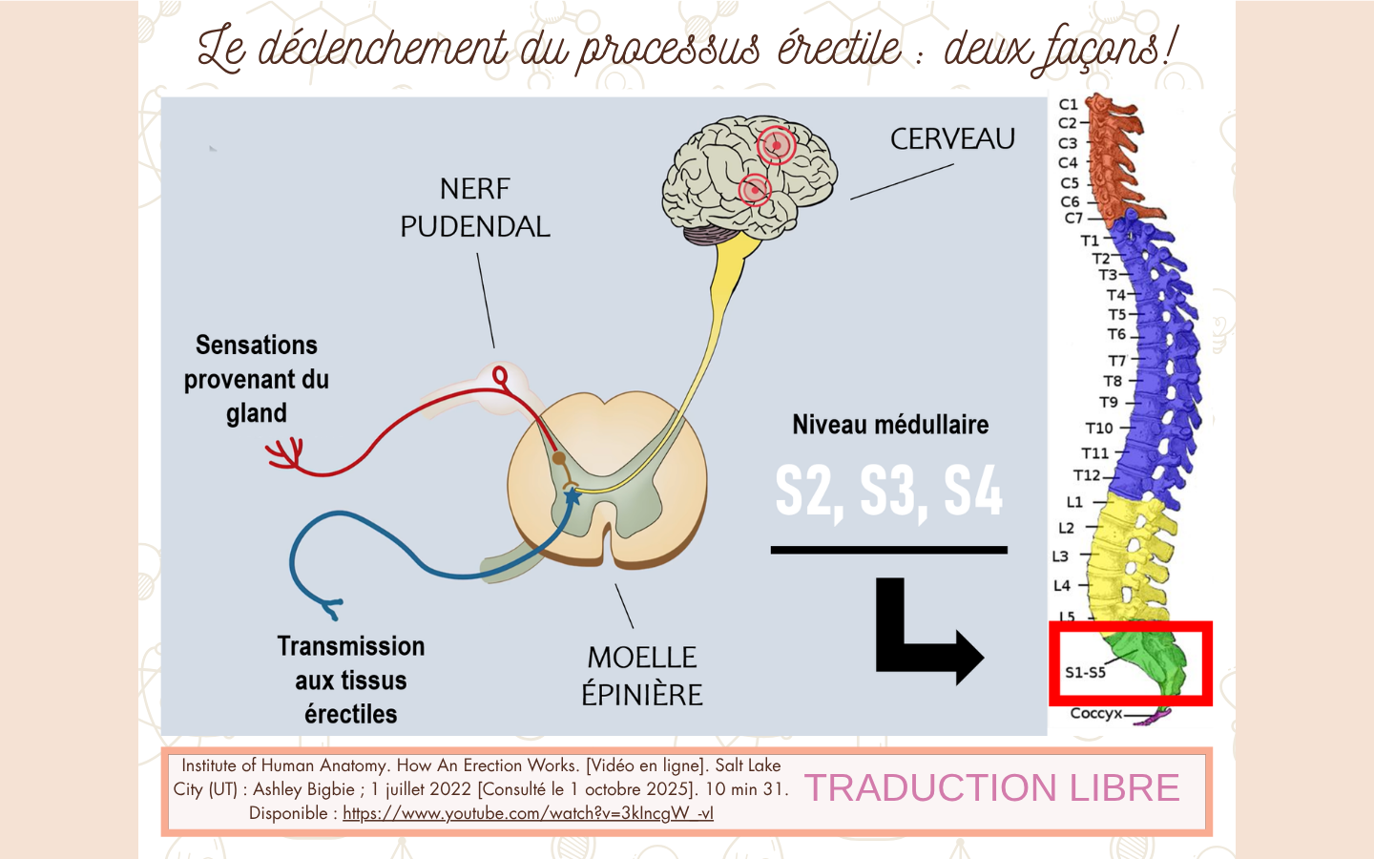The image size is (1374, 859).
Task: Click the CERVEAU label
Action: click(952, 138)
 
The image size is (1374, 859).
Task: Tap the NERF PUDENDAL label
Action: click(475, 208)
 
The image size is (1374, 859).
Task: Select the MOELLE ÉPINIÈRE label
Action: click(641, 676)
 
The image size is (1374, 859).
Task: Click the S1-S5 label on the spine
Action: click(1085, 673)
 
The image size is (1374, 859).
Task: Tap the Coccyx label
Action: click(1095, 714)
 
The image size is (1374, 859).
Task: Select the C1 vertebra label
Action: click(1068, 104)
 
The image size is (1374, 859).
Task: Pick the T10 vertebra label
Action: click(1098, 428)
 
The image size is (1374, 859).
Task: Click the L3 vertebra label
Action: click(1060, 556)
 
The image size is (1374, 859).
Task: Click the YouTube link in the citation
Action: click(528, 813)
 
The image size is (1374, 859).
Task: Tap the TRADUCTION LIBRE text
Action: click(992, 787)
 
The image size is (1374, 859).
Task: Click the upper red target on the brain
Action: click(776, 145)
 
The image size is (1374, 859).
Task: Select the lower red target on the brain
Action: click(755, 190)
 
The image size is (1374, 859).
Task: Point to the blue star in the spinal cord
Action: click(572, 495)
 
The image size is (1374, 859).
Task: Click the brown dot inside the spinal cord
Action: click(558, 458)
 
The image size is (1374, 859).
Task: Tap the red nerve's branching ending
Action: click(285, 454)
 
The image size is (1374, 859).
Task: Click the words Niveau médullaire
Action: click(890, 425)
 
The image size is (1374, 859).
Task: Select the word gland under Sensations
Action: click(257, 413)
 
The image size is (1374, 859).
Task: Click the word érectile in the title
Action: click(840, 48)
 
